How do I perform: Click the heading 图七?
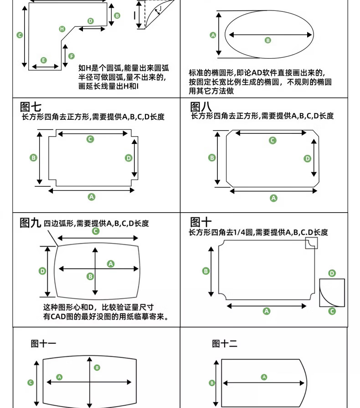coord(31,107)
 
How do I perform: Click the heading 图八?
coord(201,107)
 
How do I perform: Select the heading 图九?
coord(31,223)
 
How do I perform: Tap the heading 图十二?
coord(225,344)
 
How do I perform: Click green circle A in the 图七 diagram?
coord(91,197)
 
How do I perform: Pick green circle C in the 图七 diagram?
coord(90,139)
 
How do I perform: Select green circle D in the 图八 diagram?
coord(308,158)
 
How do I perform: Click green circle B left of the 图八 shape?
coord(212,158)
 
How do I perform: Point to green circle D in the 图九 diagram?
coord(42,271)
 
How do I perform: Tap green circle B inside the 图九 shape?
coord(90,276)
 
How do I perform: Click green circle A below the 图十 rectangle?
coord(267,311)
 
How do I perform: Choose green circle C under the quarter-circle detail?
coord(332,311)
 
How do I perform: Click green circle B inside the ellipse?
coord(267,41)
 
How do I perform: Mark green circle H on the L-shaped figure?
coord(62,29)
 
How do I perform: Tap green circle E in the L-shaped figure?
coord(44,60)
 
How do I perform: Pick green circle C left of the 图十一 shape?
coord(31,382)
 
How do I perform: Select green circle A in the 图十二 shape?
coord(264,377)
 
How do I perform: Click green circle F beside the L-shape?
coord(72,56)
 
